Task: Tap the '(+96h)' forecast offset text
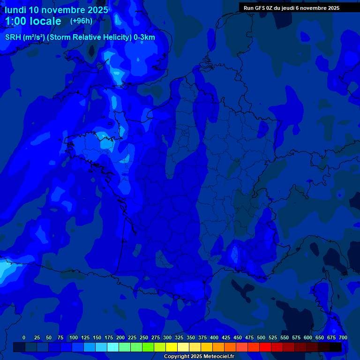(81, 21)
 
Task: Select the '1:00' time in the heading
(16, 21)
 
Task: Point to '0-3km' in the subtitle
(144, 37)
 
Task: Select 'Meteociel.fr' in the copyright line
(218, 357)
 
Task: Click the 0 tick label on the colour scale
(24, 337)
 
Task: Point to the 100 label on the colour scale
(74, 337)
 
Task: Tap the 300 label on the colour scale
(167, 337)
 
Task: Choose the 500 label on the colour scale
(261, 337)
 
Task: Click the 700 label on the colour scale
(343, 337)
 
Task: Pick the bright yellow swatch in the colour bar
(172, 347)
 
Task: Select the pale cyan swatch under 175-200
(113, 347)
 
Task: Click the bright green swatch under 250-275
(148, 347)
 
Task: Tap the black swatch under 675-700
(336, 347)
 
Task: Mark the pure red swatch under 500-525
(265, 347)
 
